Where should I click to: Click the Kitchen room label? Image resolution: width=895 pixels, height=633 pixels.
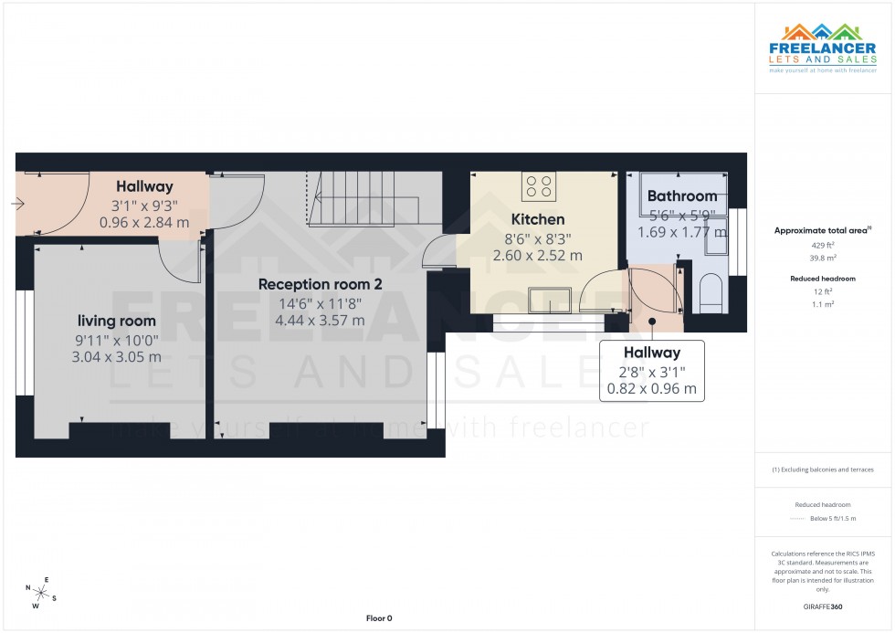537,219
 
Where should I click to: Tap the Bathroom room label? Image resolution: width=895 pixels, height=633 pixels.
681,196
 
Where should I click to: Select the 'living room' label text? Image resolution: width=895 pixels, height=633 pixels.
116,321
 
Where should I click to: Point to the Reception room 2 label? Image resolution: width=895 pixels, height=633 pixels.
320,284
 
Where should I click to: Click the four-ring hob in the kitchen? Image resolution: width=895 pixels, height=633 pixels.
539,186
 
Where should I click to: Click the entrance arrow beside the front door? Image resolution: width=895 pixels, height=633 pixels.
17,205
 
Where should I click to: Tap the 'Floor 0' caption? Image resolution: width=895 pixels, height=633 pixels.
379,618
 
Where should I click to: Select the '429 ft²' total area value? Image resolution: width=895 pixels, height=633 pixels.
823,247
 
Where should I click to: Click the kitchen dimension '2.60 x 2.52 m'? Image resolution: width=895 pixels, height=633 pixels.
537,256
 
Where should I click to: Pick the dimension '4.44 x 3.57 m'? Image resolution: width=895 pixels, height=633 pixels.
320,321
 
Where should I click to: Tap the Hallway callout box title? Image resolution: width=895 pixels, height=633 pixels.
651,353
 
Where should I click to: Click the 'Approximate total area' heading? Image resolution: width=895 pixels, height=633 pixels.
821,230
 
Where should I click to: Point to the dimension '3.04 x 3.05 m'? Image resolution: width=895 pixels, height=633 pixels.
116,357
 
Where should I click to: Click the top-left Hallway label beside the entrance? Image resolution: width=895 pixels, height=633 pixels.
144,187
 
